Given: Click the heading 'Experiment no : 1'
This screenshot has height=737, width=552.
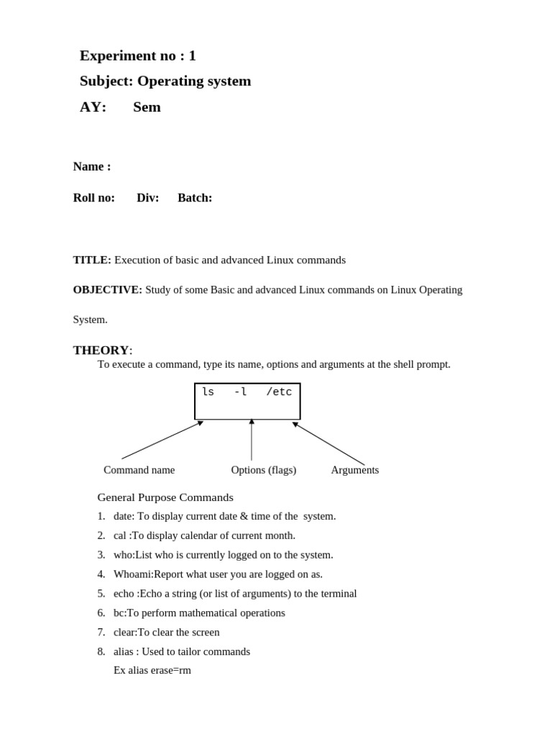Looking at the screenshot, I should point(137,55).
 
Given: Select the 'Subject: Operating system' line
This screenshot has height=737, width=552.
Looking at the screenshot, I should point(165,81).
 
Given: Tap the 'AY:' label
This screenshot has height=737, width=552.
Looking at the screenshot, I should point(93,107).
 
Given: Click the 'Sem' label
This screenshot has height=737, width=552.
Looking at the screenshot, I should point(147,107).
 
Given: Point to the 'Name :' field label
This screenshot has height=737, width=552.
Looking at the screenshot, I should point(92,167).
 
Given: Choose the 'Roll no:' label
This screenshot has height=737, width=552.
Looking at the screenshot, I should point(93,198).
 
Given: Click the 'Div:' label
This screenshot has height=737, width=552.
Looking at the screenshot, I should point(147,198).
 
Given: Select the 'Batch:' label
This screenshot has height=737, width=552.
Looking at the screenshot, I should point(195,198).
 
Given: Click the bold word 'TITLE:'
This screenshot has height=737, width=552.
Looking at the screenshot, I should point(92,260).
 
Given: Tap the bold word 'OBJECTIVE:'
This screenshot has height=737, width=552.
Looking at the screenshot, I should point(107,290).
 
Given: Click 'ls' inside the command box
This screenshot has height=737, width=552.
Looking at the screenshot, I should point(208,392).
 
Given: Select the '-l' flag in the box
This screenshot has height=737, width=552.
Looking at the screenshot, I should point(240,392).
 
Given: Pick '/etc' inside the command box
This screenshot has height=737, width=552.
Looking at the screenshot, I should point(279,392).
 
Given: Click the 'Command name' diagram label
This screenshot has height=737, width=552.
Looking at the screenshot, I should point(139,470).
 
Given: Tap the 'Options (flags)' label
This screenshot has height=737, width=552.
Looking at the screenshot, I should point(263,470).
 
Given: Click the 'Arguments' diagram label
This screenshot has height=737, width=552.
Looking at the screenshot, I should point(354,470).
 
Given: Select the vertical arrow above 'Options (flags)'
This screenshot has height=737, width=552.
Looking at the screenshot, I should point(252,440).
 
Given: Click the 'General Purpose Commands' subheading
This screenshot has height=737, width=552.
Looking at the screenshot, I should point(165,497).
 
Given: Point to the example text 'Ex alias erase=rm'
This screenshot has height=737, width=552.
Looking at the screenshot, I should point(152,670).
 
